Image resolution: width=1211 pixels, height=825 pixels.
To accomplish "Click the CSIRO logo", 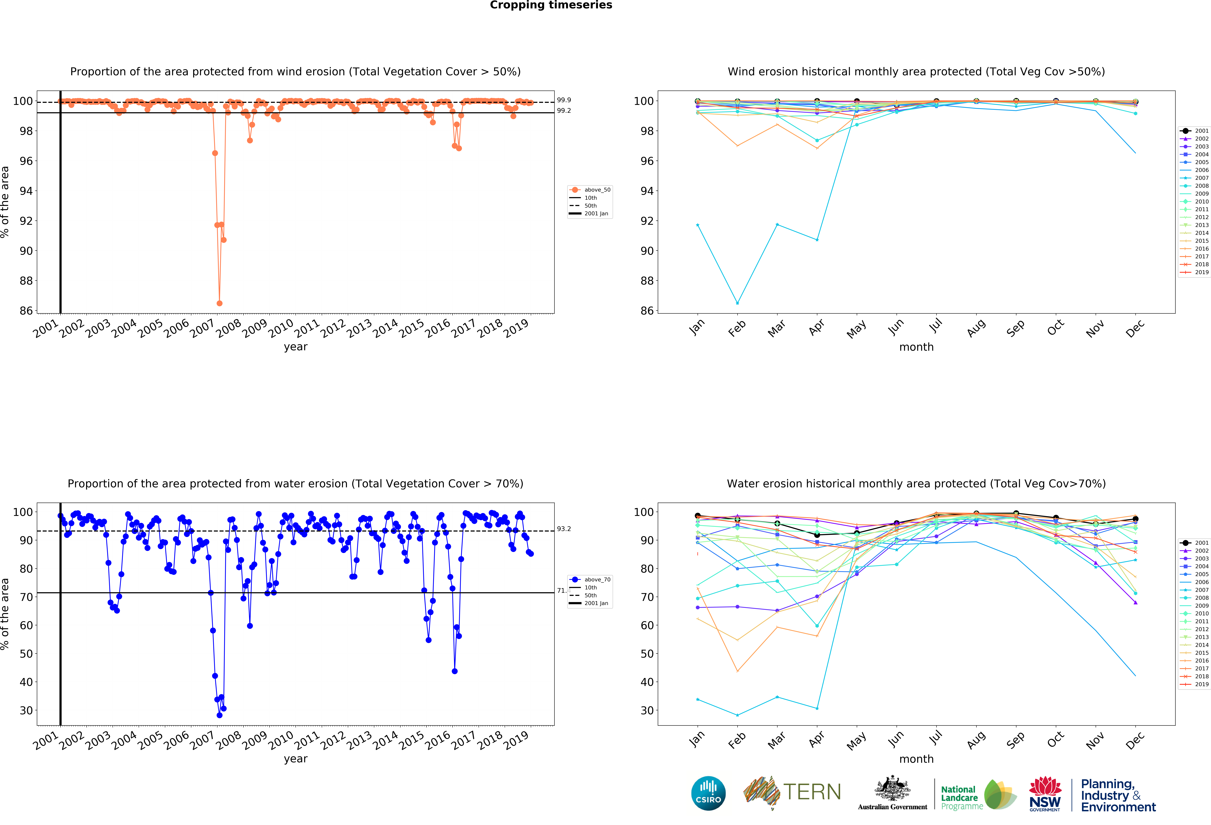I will tap(708, 793).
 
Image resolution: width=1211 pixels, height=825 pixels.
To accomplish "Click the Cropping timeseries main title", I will tap(551, 5).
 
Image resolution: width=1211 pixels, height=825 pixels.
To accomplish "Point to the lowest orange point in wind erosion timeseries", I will tap(219, 303).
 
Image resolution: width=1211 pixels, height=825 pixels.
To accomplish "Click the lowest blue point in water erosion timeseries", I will tap(219, 715).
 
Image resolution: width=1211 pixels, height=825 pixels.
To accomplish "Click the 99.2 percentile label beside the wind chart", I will tap(564, 110).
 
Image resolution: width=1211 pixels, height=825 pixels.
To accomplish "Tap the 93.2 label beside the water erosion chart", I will tap(564, 529).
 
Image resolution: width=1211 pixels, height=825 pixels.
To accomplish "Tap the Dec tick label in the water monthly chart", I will tap(1135, 740).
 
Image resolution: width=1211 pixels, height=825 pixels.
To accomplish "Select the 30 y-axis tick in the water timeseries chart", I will tap(26, 710).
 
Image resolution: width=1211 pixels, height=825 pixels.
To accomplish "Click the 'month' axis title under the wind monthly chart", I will tap(916, 347).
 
